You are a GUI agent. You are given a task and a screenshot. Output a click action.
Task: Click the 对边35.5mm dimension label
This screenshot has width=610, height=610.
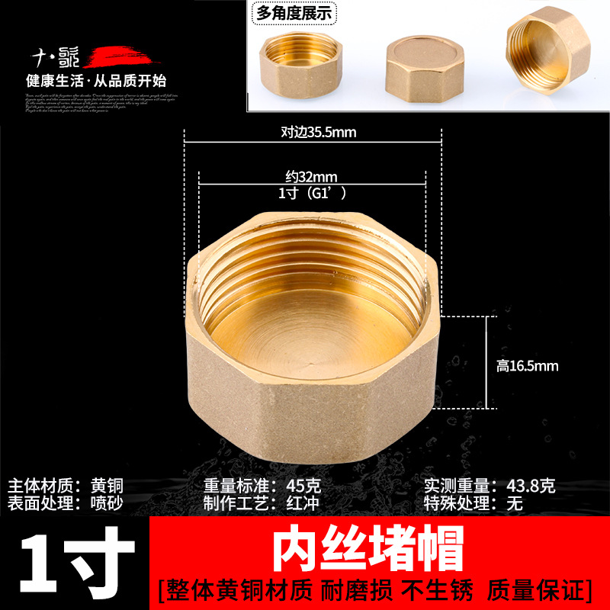tap(318, 132)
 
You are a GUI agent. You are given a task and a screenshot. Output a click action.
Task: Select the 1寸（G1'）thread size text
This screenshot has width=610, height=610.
tap(313, 194)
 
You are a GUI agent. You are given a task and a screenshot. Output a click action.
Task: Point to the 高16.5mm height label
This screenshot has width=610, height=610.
tap(527, 366)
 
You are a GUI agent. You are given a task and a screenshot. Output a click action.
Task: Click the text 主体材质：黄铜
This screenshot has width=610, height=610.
tap(66, 486)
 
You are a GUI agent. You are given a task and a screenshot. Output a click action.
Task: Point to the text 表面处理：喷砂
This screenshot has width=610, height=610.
tap(66, 502)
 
